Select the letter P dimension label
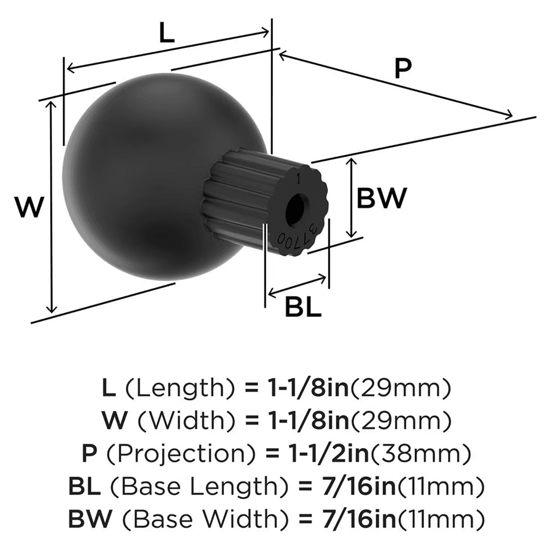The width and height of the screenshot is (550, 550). point(403,70)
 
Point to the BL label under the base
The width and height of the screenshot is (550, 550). point(302,307)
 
